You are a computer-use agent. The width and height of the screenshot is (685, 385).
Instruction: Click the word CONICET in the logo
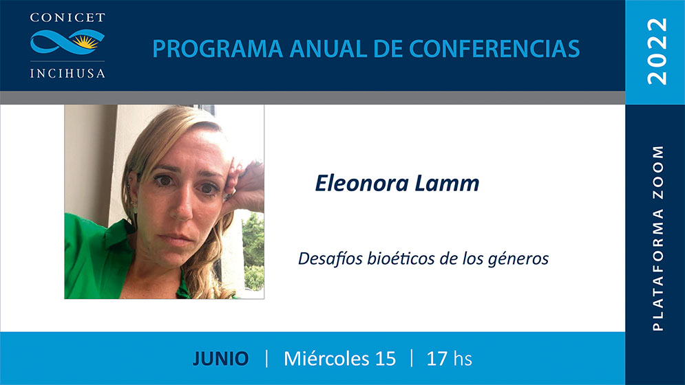[67, 18]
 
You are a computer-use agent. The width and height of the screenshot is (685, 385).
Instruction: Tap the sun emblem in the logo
[85, 41]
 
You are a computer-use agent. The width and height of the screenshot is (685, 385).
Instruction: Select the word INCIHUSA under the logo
[67, 73]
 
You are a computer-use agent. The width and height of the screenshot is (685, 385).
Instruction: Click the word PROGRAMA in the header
[217, 48]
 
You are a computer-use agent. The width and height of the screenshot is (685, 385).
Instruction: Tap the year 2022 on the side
[657, 52]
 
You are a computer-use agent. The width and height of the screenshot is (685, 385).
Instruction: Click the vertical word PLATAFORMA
[658, 269]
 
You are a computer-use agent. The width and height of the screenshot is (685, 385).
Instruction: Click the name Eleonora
[361, 184]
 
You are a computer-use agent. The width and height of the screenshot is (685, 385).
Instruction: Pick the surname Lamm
[447, 184]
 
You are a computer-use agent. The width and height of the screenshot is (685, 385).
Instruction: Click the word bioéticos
[401, 258]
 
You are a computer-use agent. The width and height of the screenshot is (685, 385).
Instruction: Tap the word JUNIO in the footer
[220, 359]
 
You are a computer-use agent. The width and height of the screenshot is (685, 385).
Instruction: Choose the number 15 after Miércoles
[386, 359]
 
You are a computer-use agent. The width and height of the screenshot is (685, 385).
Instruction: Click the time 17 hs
[449, 359]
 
